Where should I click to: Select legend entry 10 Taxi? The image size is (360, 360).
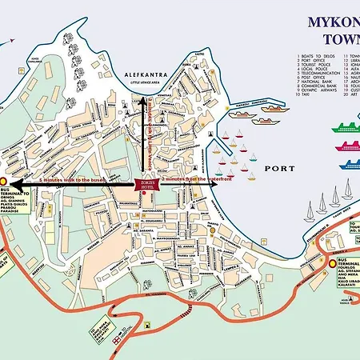tap(309, 104)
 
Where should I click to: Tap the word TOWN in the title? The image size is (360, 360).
tap(340, 39)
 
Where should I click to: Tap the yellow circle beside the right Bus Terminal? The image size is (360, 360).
tap(331, 263)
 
